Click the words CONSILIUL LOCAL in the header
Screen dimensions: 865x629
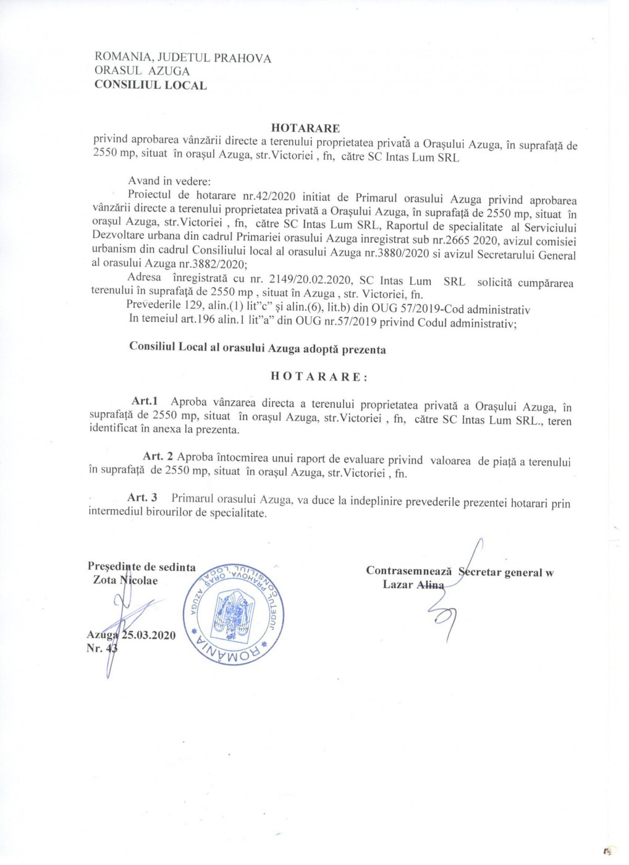pos(150,85)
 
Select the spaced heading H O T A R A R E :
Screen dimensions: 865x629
pos(319,376)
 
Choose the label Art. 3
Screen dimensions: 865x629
pos(142,498)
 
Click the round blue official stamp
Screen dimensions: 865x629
pos(234,607)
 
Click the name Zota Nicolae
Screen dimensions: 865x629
pos(125,581)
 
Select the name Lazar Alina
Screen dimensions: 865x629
pos(413,584)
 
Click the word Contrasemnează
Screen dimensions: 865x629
pos(408,572)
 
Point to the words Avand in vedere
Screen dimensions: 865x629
pos(169,182)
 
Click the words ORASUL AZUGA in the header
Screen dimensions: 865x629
pos(141,72)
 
